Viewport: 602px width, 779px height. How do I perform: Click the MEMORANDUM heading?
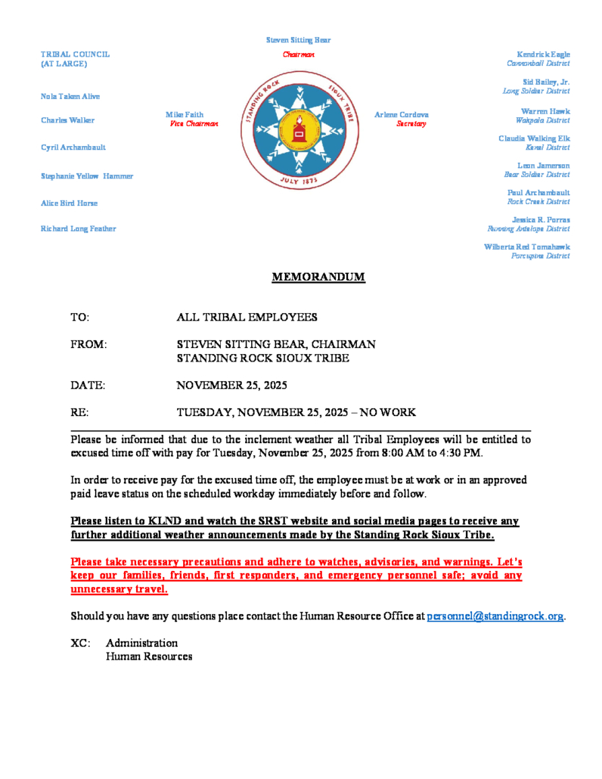318,278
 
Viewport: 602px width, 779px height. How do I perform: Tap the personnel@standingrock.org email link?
495,616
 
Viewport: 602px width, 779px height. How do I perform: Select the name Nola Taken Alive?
70,97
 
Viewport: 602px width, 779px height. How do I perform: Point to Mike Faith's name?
185,114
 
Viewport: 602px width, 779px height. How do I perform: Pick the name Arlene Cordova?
402,114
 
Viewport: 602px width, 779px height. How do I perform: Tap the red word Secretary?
412,123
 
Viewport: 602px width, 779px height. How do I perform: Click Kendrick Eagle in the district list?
543,54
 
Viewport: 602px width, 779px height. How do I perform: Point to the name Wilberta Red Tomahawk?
526,247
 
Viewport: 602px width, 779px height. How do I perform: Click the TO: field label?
80,317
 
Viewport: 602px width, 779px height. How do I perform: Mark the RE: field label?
79,413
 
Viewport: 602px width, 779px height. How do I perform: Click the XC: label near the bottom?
80,644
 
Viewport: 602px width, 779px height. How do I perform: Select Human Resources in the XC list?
149,657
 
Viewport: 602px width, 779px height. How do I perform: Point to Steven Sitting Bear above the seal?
298,40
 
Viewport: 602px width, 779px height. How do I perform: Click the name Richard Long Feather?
79,228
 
